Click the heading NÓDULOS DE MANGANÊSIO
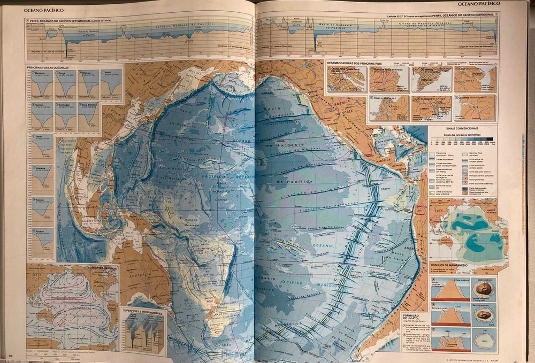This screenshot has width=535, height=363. pyautogui.click(x=449, y=266)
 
